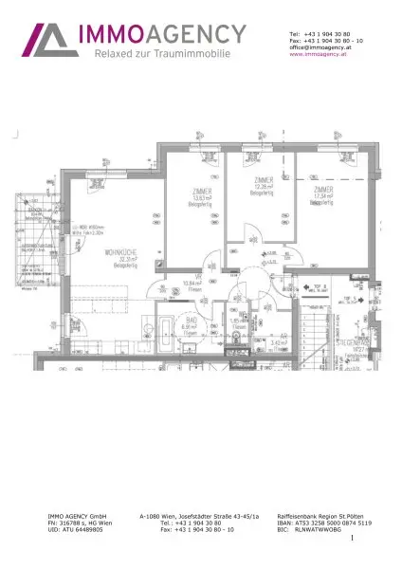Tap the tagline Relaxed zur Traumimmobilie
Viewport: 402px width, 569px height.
click(162, 55)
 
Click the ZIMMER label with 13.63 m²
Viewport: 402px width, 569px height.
click(199, 196)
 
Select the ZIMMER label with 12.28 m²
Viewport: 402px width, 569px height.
click(265, 185)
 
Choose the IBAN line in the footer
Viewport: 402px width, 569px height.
click(317, 523)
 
